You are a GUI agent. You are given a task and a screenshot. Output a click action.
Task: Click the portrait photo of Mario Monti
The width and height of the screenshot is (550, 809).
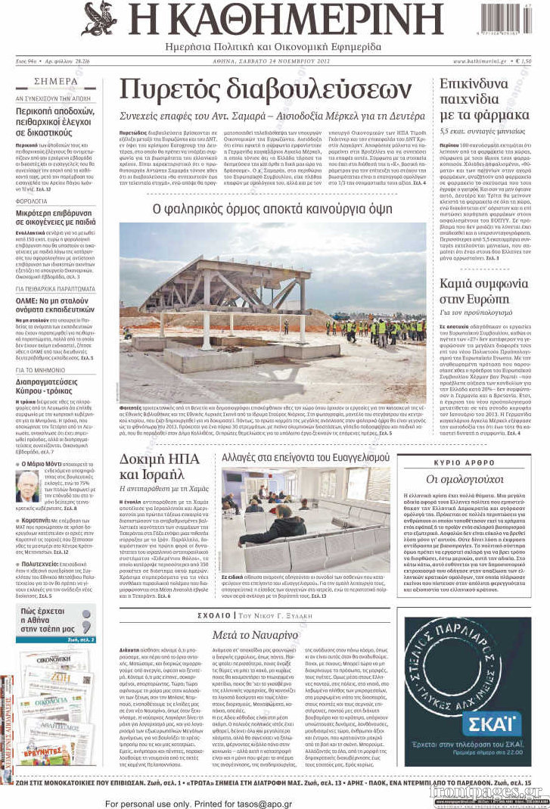point(27,486)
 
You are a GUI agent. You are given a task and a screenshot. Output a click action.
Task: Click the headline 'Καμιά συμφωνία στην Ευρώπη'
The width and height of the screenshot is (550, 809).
point(484,292)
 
